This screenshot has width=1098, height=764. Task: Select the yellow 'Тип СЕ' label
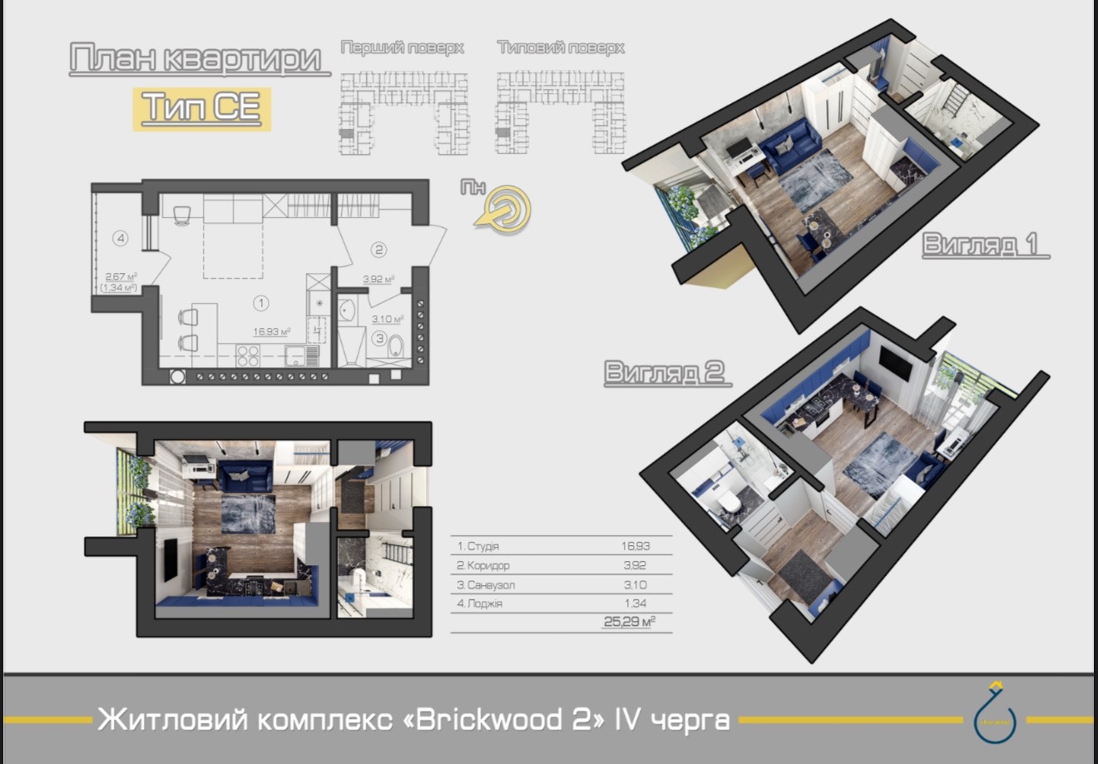tap(202, 108)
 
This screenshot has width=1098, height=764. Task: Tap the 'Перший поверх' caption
tap(402, 48)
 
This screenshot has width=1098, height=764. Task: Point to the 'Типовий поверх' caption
tap(561, 48)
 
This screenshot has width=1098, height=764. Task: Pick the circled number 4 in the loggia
tap(121, 239)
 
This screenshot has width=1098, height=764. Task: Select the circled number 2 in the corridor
tap(378, 249)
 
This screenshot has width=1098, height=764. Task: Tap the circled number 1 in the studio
tap(261, 303)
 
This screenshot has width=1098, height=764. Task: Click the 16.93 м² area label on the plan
tap(271, 331)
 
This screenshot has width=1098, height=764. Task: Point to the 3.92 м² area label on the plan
tap(378, 280)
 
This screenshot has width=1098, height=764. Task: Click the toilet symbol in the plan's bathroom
tap(395, 345)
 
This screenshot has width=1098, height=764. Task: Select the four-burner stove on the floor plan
tap(248, 355)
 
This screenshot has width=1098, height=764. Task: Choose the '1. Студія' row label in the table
tap(477, 547)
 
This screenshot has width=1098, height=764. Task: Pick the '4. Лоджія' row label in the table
tap(480, 603)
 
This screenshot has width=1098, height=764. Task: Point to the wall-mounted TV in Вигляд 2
tap(896, 360)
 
